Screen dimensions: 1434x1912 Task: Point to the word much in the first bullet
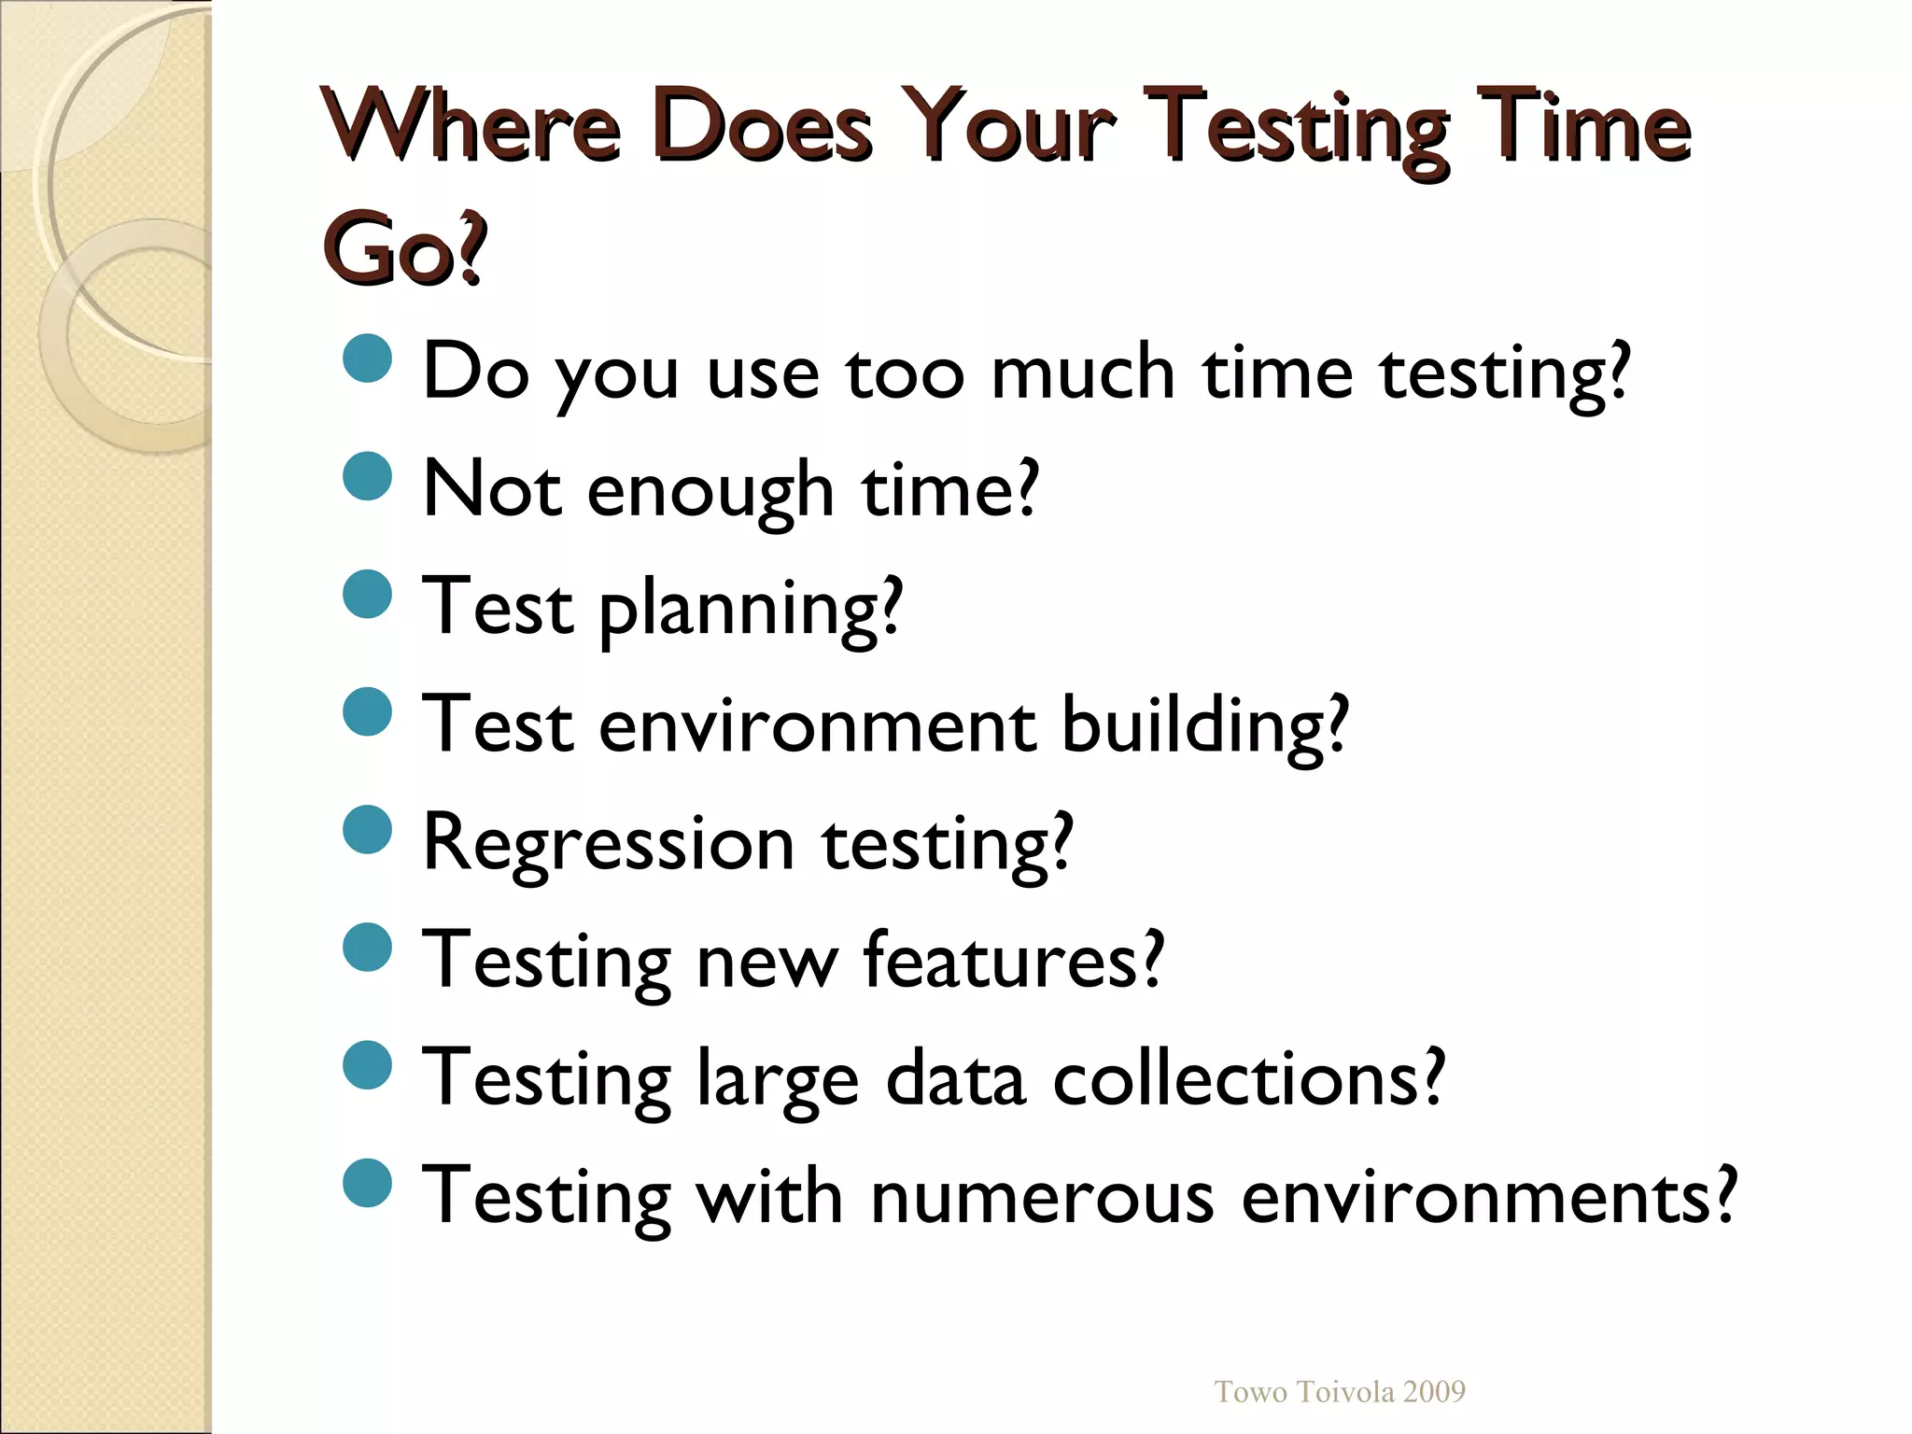[x=1082, y=373]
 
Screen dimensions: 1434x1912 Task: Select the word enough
[x=710, y=491]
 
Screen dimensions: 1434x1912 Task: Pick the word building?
[x=1205, y=726]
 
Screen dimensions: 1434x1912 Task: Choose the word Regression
[x=608, y=844]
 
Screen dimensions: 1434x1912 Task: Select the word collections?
[x=1249, y=1078]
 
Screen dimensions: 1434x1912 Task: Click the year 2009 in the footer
[x=1434, y=1392]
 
